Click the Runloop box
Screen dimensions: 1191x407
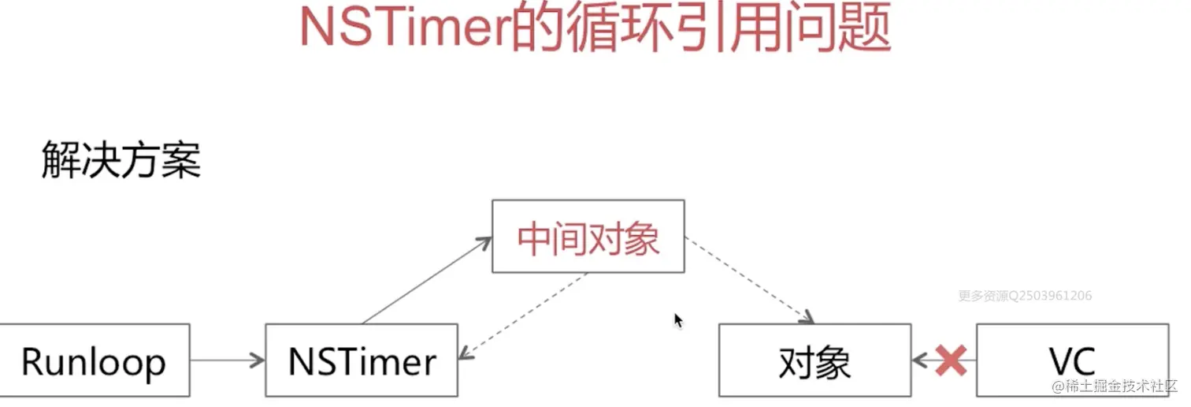click(95, 360)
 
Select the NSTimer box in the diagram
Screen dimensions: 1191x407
click(362, 360)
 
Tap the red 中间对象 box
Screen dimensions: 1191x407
click(588, 237)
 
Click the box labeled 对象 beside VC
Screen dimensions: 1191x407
click(814, 360)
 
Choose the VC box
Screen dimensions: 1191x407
click(1072, 360)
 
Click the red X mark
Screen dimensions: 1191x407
click(950, 360)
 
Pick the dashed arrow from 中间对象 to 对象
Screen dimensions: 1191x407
click(748, 279)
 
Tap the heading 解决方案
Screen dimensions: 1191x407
click(121, 162)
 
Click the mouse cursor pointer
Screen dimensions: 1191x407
click(677, 319)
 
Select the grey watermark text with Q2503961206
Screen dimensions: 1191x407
click(1025, 296)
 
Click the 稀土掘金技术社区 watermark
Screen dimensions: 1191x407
click(1115, 386)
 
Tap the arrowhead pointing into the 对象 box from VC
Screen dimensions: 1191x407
click(918, 360)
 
